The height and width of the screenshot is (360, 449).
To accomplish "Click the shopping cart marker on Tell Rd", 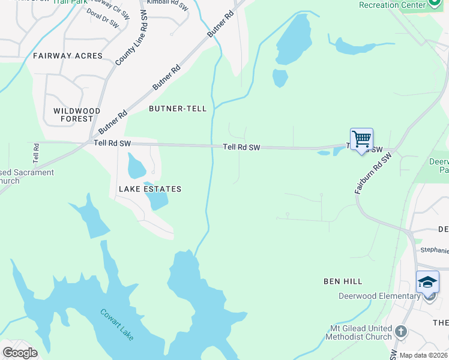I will pyautogui.click(x=361, y=140).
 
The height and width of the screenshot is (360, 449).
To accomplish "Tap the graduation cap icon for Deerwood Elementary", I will pyautogui.click(x=427, y=282).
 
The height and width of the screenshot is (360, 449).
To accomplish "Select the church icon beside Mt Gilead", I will pyautogui.click(x=401, y=331).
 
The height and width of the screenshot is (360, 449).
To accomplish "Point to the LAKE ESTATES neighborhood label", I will pyautogui.click(x=150, y=189).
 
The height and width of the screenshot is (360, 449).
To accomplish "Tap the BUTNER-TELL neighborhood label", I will pyautogui.click(x=178, y=109).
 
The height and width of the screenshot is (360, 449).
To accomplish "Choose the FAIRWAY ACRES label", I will pyautogui.click(x=68, y=56).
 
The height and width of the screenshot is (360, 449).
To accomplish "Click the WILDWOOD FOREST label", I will pyautogui.click(x=77, y=115).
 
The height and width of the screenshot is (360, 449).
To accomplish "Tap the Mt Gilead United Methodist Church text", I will pyautogui.click(x=358, y=332).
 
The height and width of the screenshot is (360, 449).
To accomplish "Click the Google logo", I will pyautogui.click(x=19, y=353).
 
